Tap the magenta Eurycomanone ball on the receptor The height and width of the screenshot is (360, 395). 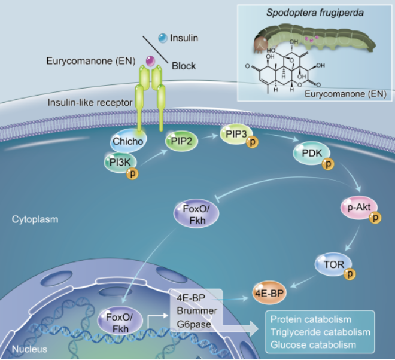(150, 60)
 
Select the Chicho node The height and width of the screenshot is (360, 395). (126, 143)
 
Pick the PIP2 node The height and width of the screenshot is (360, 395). (181, 142)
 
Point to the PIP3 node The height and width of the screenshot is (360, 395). (236, 135)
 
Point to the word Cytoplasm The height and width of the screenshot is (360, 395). (35, 220)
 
